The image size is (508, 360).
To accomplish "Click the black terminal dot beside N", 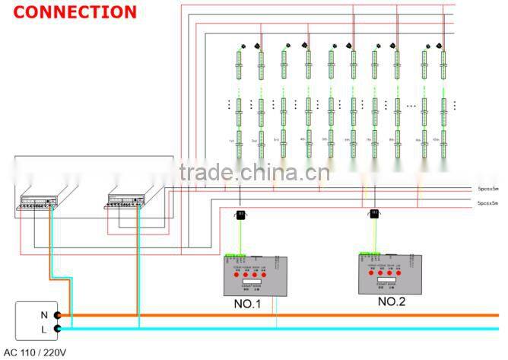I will (x=57, y=314).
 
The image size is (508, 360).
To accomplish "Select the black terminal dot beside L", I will (x=57, y=329).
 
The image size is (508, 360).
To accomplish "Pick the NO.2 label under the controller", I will (x=392, y=301).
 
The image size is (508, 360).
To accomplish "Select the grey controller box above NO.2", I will (x=391, y=272).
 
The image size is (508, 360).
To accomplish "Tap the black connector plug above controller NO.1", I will (x=240, y=216).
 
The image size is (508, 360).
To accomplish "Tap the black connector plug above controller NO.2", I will (x=374, y=215).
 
